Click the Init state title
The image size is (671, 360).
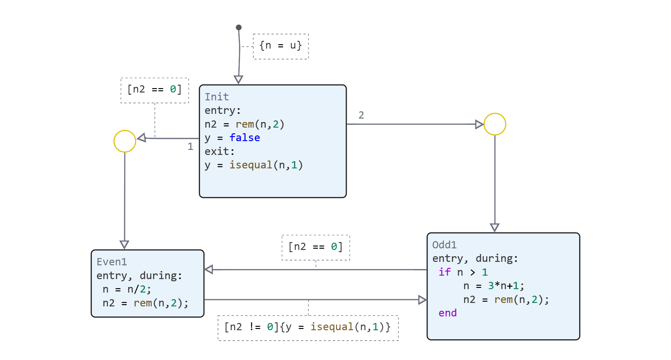217,97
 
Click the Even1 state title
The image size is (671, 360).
112,262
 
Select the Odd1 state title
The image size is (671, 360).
444,245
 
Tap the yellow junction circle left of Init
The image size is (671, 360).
125,141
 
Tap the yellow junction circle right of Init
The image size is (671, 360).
495,124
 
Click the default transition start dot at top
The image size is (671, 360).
239,28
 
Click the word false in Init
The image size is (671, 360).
245,138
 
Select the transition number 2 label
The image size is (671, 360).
361,115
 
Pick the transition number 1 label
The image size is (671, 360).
190,146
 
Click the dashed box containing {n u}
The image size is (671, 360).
281,46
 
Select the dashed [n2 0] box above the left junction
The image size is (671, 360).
155,90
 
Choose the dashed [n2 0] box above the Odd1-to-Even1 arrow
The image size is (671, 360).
316,247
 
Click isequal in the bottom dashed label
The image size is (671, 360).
332,327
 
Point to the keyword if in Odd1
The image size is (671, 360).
445,272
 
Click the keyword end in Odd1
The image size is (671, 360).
447,313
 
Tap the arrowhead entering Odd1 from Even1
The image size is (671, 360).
422,300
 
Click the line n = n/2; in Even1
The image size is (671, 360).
127,289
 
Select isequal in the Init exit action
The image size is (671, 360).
251,165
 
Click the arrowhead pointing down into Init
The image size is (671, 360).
239,79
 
